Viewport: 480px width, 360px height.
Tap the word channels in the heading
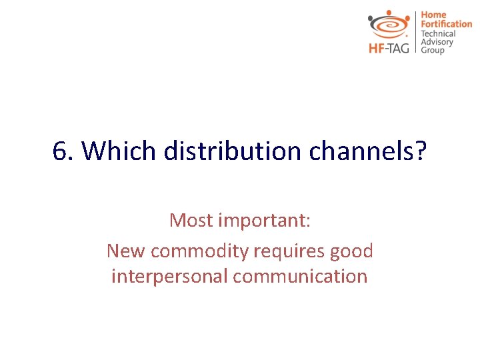pos(357,152)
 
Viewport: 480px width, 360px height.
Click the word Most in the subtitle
pos(191,220)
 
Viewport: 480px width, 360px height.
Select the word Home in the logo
pos(433,15)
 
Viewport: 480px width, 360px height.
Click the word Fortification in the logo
pos(446,24)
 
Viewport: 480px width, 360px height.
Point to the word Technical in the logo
pos(438,33)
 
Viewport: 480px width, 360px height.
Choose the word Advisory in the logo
pos(437,42)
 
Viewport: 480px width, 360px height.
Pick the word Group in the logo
pos(432,51)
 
